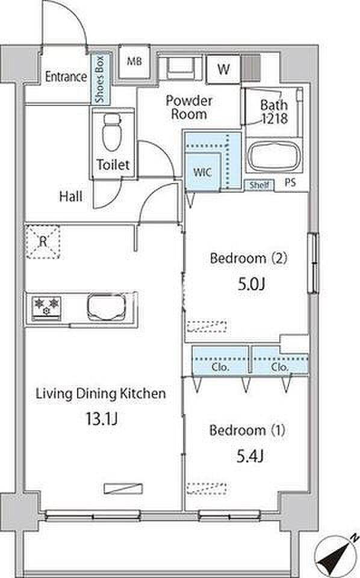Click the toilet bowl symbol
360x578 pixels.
[x=111, y=132]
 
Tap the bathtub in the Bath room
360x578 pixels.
[x=274, y=156]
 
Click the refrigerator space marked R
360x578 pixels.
[x=43, y=242]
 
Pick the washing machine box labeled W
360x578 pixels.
[x=223, y=69]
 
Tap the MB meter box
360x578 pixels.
[x=134, y=61]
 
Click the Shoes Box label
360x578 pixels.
[x=100, y=79]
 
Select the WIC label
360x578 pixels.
[x=202, y=172]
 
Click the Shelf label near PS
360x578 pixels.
[x=259, y=185]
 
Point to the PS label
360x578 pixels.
[x=290, y=182]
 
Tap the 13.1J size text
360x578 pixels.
[x=101, y=418]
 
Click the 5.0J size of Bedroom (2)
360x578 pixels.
[x=252, y=284]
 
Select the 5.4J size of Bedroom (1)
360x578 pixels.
[x=250, y=456]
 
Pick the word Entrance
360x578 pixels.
[x=66, y=76]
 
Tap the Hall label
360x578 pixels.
[x=71, y=196]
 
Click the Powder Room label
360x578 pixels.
[x=189, y=107]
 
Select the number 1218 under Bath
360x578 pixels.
[x=275, y=119]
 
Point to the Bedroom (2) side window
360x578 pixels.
[x=314, y=263]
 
